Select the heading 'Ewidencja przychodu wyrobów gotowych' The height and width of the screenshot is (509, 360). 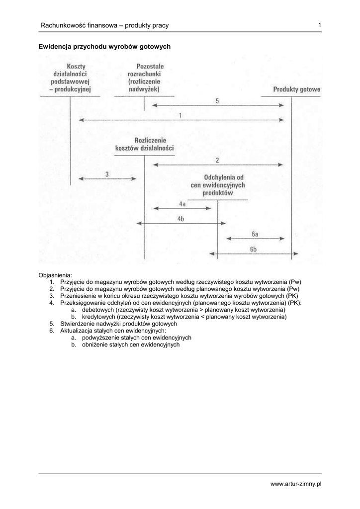tap(104, 46)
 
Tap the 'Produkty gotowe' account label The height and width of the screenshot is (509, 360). tap(297, 89)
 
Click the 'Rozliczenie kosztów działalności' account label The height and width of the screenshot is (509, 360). tap(144, 144)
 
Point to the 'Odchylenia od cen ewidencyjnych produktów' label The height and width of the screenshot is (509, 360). tap(218, 185)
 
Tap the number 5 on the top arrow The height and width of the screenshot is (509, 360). tap(217, 101)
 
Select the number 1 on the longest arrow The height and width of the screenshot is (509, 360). tap(180, 115)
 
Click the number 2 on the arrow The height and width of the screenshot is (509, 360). tap(217, 160)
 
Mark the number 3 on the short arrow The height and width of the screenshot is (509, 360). tap(107, 174)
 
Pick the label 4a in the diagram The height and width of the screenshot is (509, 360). tap(182, 204)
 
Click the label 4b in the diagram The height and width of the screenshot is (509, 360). tap(180, 219)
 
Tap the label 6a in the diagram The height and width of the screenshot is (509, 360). tap(255, 234)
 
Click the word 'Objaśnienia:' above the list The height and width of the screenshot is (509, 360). tap(55, 275)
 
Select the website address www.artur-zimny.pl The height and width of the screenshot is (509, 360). tap(296, 484)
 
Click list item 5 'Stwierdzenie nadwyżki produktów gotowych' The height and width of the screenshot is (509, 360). tap(118, 324)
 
